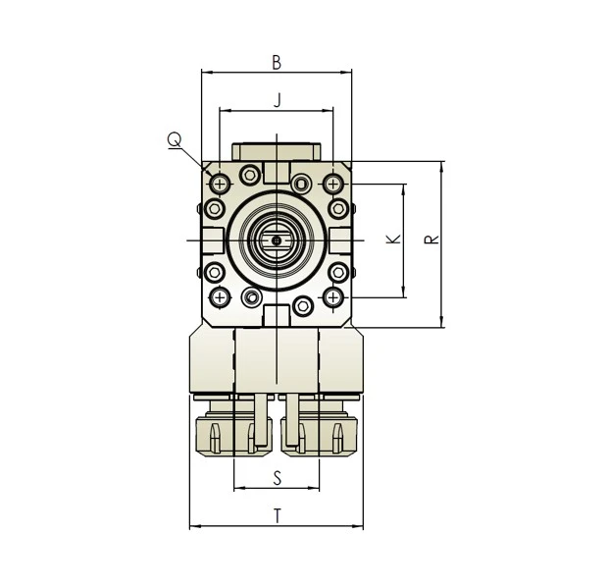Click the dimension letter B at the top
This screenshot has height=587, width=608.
click(277, 63)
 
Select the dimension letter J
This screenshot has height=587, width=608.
click(278, 100)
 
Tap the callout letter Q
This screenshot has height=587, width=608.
click(174, 141)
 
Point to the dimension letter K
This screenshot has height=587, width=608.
click(392, 240)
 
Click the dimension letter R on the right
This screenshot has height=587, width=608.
click(431, 240)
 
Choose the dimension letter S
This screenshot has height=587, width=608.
click(278, 478)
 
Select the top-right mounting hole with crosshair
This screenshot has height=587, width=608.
click(334, 185)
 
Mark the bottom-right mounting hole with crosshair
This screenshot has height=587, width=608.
click(334, 296)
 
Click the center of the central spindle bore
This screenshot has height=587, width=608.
click(278, 240)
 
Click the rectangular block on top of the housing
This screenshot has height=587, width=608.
click(277, 152)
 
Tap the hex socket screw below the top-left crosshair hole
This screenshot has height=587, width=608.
click(213, 208)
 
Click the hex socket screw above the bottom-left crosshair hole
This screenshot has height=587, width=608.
click(213, 273)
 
